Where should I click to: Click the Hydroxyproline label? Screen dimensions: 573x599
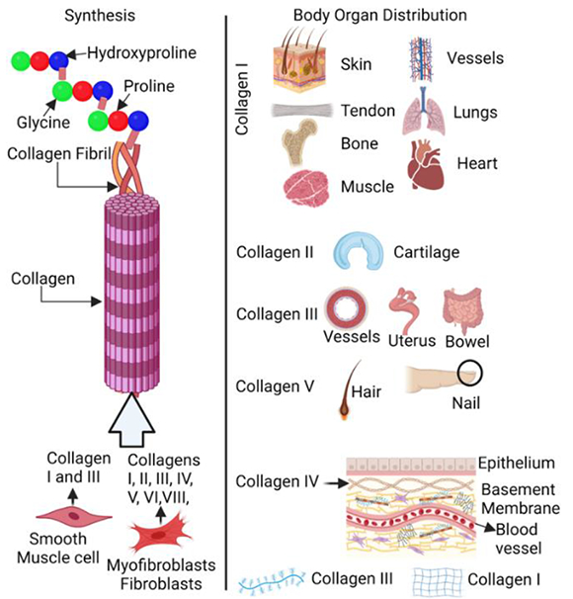[x=141, y=53]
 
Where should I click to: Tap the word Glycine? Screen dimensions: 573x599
[x=43, y=123]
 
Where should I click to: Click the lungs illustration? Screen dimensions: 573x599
[x=424, y=111]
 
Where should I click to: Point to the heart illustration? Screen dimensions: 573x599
[x=426, y=165]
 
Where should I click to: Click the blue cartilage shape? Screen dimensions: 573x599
[x=358, y=251]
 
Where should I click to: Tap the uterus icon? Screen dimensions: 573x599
[x=404, y=309]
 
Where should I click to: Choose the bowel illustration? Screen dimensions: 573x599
[x=463, y=309]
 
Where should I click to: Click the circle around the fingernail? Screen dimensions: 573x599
[x=470, y=362]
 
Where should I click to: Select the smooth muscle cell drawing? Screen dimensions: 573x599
[x=74, y=516]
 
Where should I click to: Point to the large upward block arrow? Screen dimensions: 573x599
[x=131, y=420]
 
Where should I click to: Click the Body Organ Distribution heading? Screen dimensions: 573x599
[x=379, y=16]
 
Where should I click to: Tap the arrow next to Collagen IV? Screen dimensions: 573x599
[x=336, y=483]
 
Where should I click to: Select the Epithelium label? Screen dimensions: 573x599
[x=517, y=463]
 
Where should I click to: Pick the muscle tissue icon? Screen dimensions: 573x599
[x=306, y=188]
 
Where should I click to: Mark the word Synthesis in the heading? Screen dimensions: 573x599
[x=100, y=16]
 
